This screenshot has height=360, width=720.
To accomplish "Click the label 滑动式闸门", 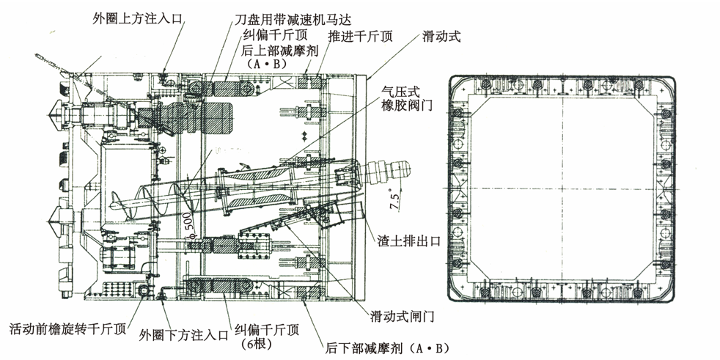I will point(403,317).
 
